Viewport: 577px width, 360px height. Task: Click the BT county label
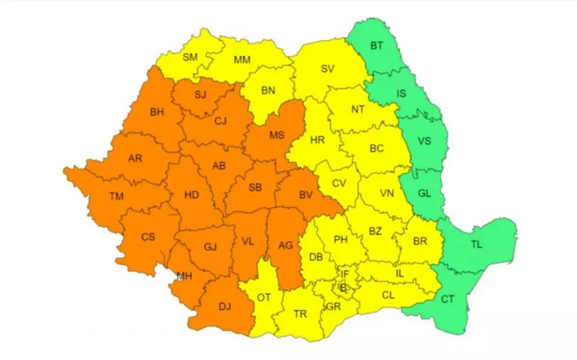coord(377,46)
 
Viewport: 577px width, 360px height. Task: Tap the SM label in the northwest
coord(190,57)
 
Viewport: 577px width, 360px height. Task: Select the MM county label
coord(242,60)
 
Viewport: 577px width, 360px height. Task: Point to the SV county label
coord(327,68)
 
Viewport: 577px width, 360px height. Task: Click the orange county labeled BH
coord(157,112)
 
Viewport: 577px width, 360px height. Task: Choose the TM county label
coord(117,196)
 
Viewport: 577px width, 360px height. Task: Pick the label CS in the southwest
coord(149,236)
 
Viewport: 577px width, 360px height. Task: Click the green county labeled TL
coord(476,244)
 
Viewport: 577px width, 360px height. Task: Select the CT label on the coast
coord(448,299)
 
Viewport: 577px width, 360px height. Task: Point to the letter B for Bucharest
coord(343,287)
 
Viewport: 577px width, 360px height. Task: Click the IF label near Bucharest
coord(344,273)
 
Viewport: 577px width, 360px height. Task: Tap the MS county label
coord(277,135)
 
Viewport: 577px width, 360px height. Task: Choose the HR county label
coord(318,140)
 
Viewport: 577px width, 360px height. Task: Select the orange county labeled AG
coord(285,246)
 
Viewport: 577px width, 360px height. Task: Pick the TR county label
coord(300,314)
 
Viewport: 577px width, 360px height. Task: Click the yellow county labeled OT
coord(264,298)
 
